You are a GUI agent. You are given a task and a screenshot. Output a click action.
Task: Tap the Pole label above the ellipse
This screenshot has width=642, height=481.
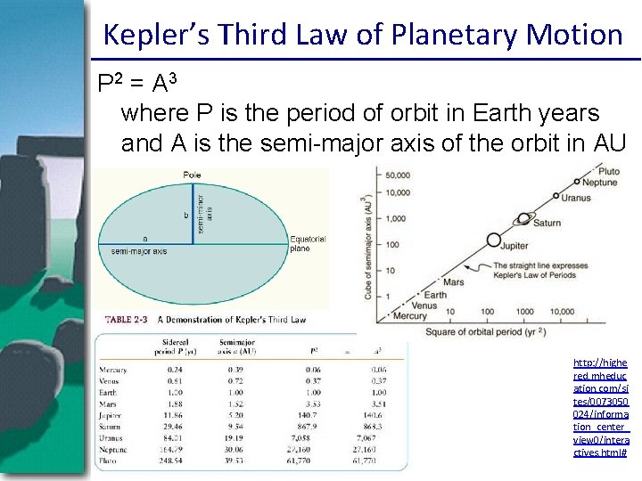click(x=193, y=175)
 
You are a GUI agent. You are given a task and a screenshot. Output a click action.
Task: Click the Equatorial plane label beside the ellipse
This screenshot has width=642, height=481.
click(x=309, y=243)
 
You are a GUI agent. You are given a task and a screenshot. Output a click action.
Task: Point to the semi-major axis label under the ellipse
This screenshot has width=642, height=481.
click(x=139, y=251)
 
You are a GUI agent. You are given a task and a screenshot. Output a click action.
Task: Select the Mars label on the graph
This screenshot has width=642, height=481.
click(x=453, y=281)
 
